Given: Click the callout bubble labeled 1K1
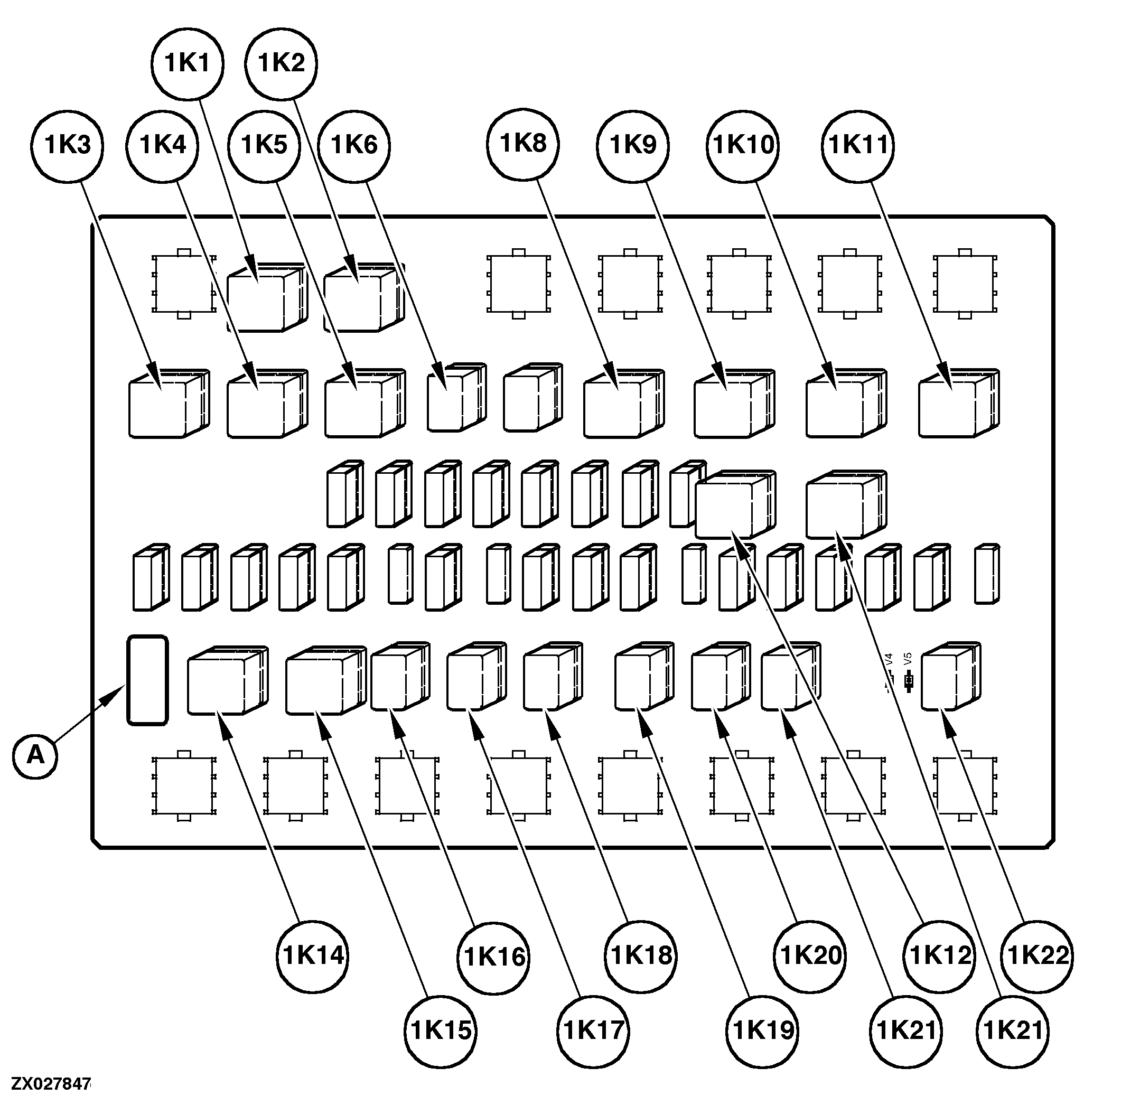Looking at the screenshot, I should [188, 63].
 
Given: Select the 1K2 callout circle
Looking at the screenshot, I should [281, 63].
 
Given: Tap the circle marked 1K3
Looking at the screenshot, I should [68, 145].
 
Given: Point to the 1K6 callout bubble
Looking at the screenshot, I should [354, 145].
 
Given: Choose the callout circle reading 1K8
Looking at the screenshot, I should [523, 143].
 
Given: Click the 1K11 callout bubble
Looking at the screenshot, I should [858, 145].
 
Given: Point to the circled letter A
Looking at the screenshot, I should [35, 755].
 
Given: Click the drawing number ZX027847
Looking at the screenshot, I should [51, 1084].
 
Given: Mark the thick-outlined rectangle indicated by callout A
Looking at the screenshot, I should [147, 680].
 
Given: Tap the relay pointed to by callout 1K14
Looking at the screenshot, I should [226, 680].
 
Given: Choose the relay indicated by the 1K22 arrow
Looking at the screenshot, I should [949, 676].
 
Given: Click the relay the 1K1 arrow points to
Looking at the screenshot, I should [265, 298].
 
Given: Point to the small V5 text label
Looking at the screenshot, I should [909, 659].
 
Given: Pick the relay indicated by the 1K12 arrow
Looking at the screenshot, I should [734, 504].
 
